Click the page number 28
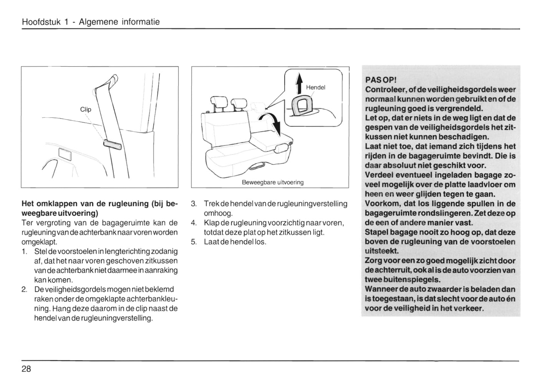27,369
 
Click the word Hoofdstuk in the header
41,22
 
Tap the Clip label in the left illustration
86,109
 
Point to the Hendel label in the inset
315,87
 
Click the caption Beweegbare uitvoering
272,182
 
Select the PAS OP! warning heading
380,80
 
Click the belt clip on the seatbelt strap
112,145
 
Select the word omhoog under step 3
218,213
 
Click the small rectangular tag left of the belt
65,155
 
